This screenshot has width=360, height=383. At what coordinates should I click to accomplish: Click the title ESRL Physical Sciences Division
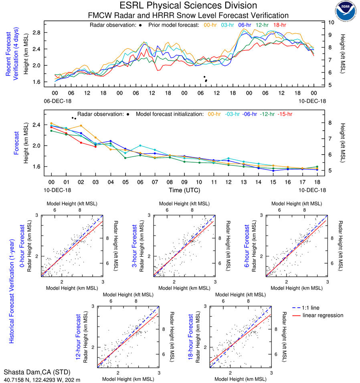point(188,6)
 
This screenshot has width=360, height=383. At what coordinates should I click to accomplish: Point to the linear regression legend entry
point(323,315)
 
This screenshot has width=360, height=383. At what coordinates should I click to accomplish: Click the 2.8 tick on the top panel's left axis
point(36,32)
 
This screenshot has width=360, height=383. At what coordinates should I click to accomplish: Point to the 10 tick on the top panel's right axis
point(331,22)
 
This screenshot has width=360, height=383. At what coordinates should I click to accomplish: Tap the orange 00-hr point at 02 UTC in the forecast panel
point(81,126)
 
